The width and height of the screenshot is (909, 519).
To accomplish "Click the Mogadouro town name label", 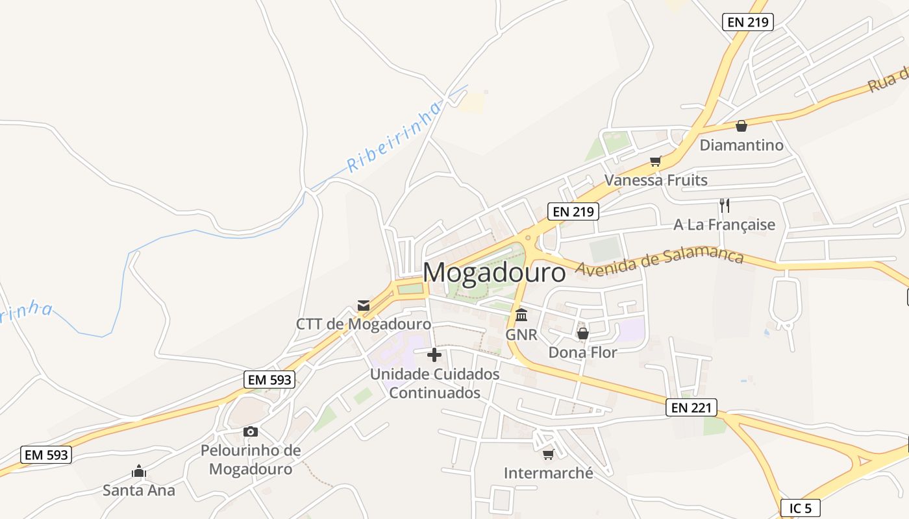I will click(494, 272).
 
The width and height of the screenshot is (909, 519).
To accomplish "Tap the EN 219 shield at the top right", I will click(747, 22).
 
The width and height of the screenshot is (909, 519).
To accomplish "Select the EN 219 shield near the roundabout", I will click(572, 211).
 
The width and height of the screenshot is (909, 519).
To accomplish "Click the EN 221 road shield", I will click(691, 407).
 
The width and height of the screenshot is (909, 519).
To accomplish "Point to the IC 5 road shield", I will click(800, 508).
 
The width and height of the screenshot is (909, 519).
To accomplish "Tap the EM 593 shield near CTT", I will click(269, 380).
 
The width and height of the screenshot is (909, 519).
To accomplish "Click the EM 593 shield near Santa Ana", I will click(45, 455).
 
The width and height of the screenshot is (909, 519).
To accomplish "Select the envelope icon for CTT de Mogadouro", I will click(364, 305).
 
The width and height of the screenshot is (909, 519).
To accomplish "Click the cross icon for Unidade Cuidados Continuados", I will click(434, 355).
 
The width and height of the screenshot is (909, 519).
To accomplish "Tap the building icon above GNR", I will click(521, 315).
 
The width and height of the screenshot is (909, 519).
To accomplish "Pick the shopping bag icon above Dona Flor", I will click(582, 333).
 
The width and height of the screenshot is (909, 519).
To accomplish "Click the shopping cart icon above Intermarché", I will click(548, 454).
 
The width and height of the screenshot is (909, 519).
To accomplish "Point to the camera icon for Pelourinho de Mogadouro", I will click(251, 431).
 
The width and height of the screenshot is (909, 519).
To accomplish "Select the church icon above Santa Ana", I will click(138, 472).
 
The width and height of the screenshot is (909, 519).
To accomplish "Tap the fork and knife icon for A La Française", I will click(725, 206).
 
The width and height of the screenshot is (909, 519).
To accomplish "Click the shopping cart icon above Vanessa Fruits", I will click(656, 161).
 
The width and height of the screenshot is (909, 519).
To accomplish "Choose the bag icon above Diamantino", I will click(741, 126).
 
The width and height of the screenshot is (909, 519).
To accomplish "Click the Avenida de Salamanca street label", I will click(659, 259).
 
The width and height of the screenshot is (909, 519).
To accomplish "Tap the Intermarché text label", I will click(549, 473).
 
